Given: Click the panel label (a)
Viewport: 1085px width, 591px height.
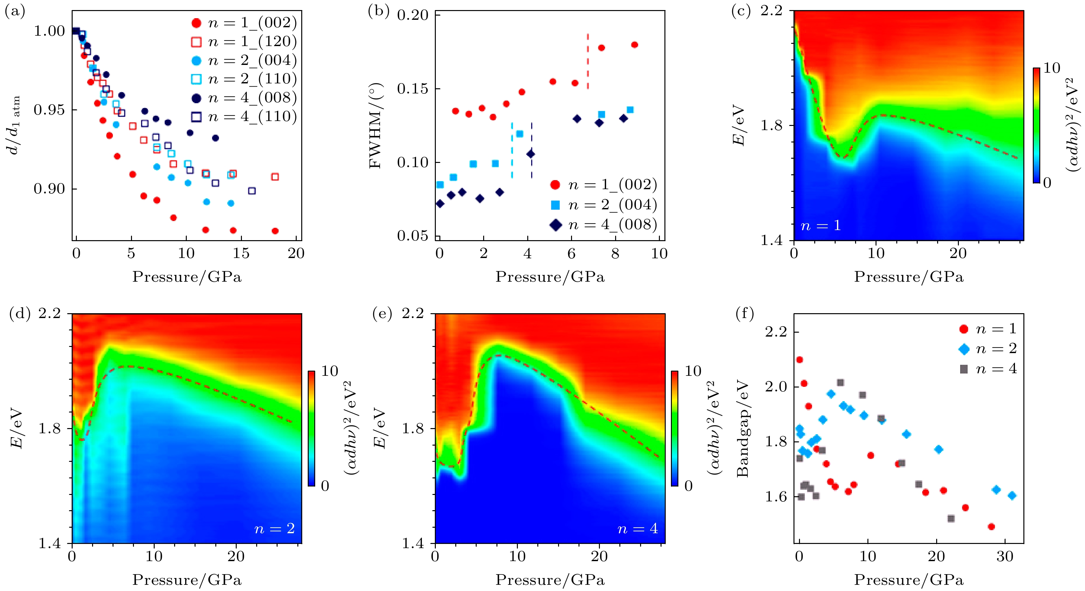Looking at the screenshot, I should tap(14, 11).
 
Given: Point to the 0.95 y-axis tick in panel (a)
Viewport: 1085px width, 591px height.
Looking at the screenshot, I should tap(49, 110).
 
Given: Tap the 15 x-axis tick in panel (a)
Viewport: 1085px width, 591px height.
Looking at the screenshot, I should tap(241, 253).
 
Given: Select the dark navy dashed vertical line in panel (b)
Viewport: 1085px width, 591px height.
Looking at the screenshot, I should tap(531, 150).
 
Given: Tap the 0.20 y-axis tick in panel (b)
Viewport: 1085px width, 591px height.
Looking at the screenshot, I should tap(412, 15).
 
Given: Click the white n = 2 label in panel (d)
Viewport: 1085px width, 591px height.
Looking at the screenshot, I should tap(274, 529).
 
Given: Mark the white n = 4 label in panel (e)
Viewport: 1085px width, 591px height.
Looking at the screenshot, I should tap(637, 529).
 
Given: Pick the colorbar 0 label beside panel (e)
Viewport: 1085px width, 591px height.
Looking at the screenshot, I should tap(688, 486).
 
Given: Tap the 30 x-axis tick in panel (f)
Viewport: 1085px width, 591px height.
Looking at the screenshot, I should tap(1005, 556).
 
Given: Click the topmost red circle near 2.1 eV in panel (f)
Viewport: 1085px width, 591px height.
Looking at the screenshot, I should tap(799, 360).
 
